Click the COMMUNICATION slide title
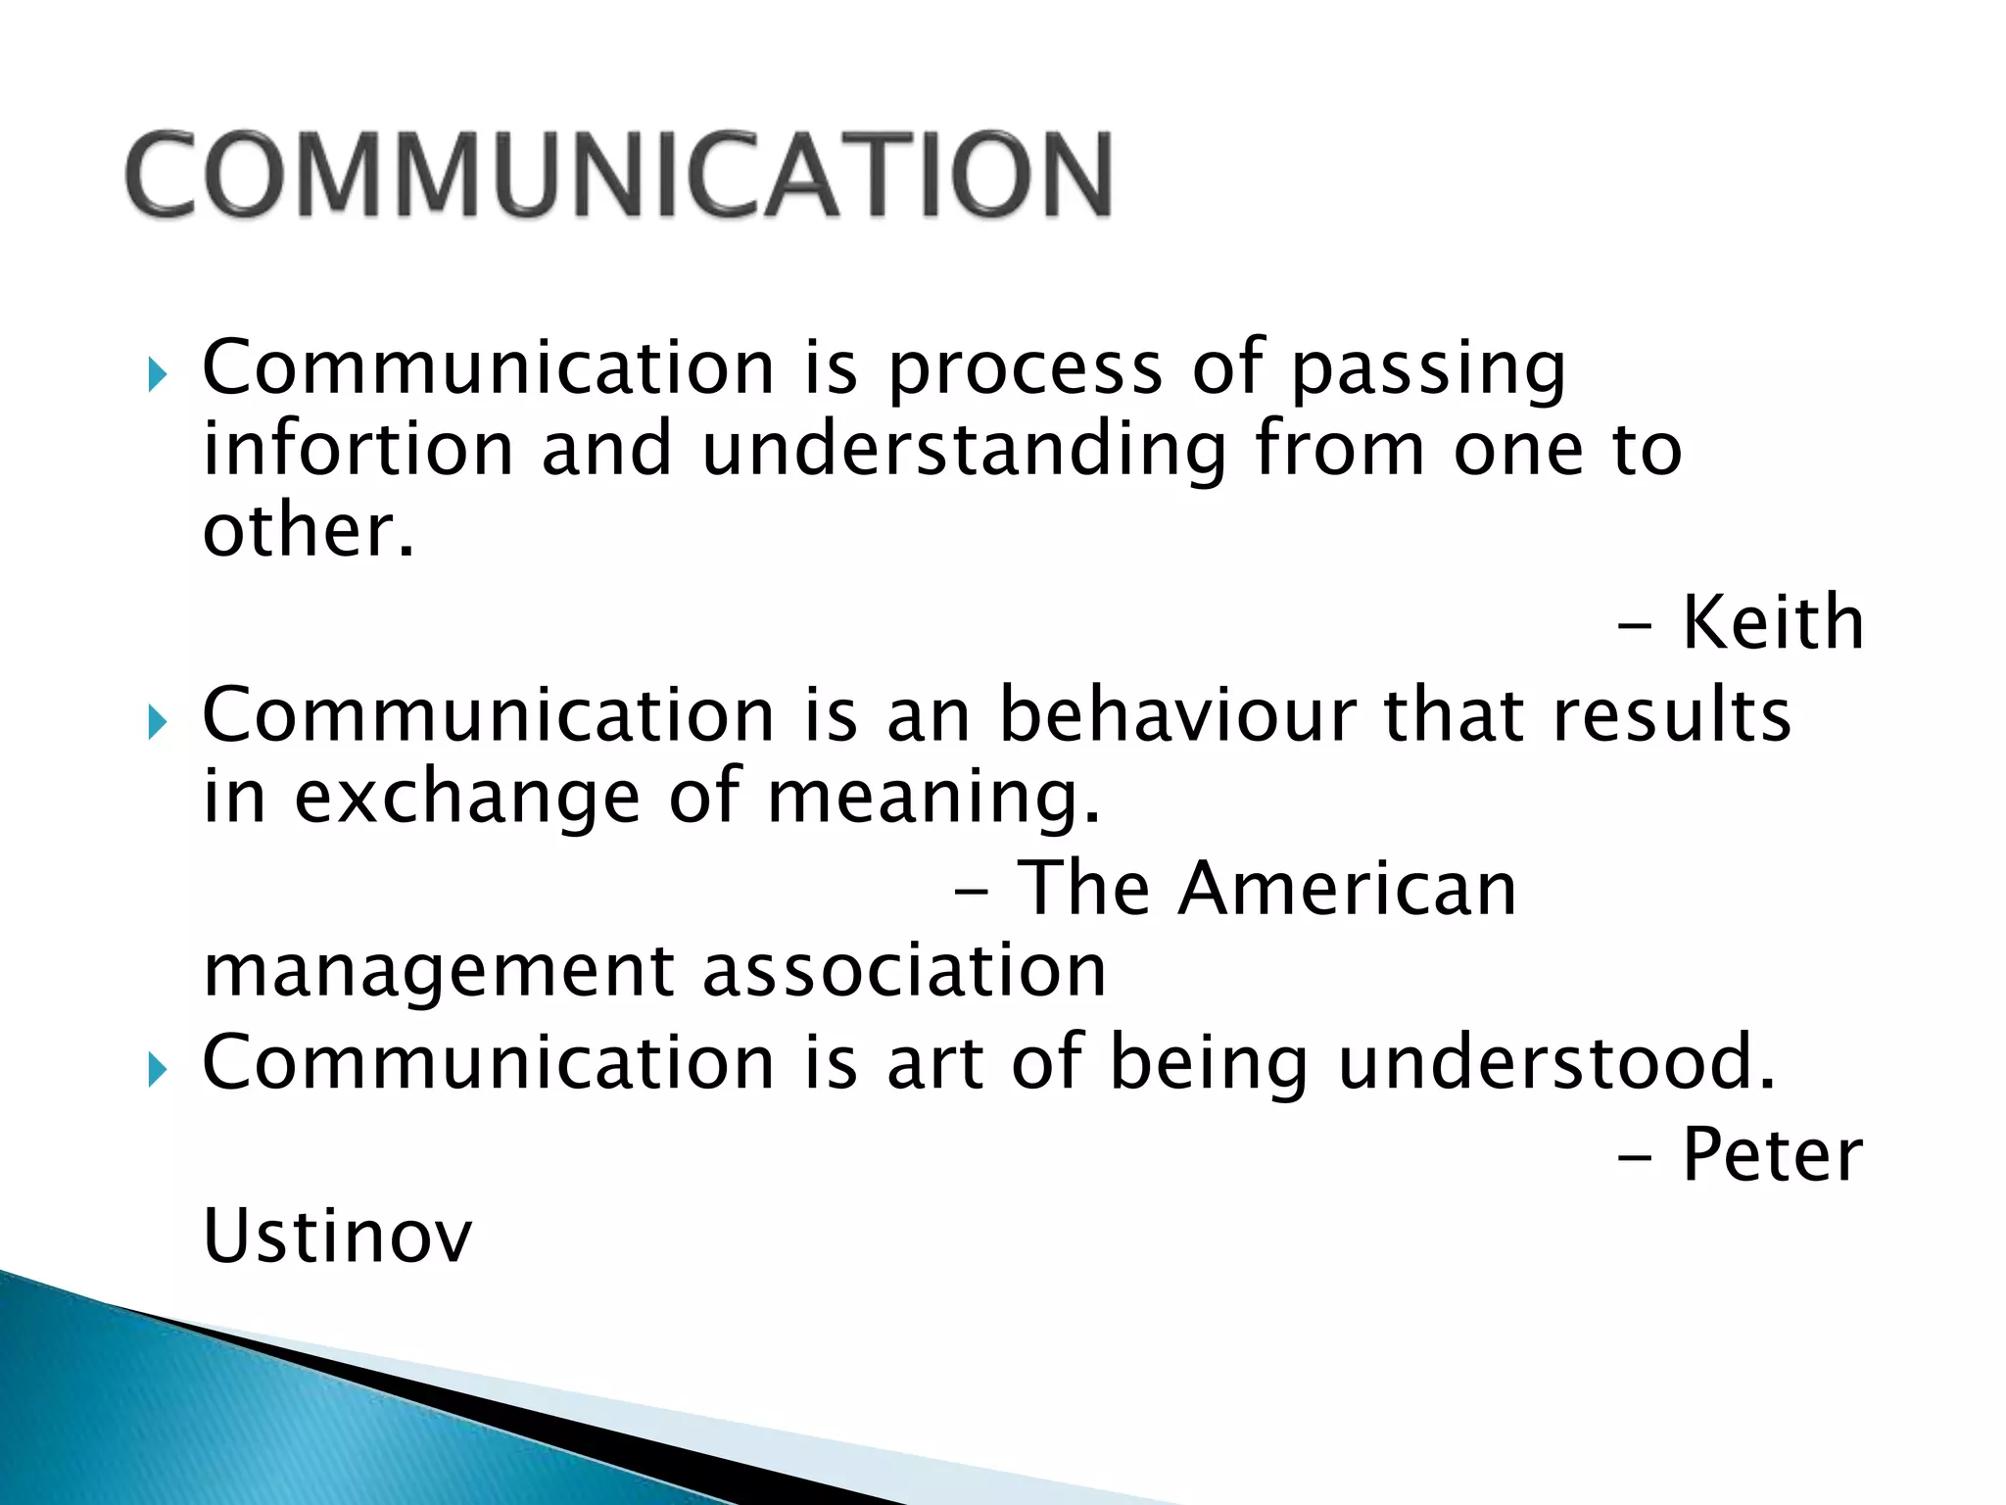pos(619,174)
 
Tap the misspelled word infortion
pos(358,449)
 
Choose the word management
pos(439,972)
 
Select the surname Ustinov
pos(337,1236)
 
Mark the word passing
pos(1428,368)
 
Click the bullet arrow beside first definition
pos(157,373)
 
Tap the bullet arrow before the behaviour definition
pos(157,723)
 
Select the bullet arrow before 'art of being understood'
pos(157,1070)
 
